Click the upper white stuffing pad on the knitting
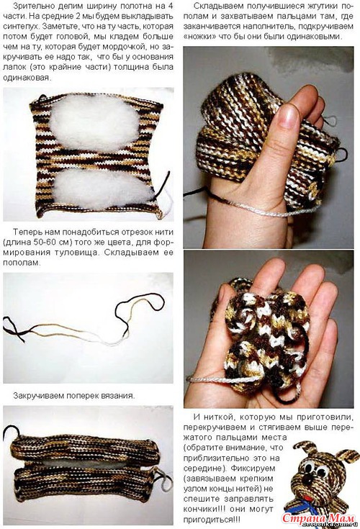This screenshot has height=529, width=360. (x=94, y=122)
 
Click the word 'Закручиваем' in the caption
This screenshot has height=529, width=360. (x=37, y=396)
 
